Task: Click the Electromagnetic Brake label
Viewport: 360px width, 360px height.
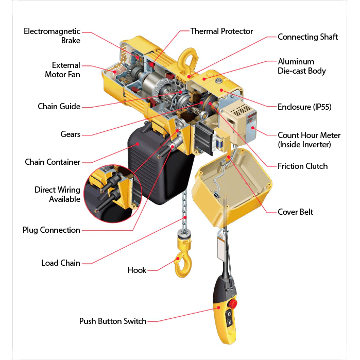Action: point(52,36)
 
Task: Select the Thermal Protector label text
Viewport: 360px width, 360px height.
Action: point(221,31)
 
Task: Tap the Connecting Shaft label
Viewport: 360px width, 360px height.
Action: point(307,37)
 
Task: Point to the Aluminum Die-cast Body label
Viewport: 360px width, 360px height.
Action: point(302,66)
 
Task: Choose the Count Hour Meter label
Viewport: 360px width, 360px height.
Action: point(309,140)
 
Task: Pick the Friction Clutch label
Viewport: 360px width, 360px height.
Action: point(302,166)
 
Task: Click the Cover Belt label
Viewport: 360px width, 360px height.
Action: point(295,212)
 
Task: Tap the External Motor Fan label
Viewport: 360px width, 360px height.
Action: point(65,70)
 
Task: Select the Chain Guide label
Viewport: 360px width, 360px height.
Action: point(59,107)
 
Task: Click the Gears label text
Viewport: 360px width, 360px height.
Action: point(70,134)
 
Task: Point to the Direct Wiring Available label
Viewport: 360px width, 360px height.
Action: point(57,194)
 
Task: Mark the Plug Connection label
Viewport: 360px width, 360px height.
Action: point(51,230)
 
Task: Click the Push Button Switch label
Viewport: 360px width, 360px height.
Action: point(113,321)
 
